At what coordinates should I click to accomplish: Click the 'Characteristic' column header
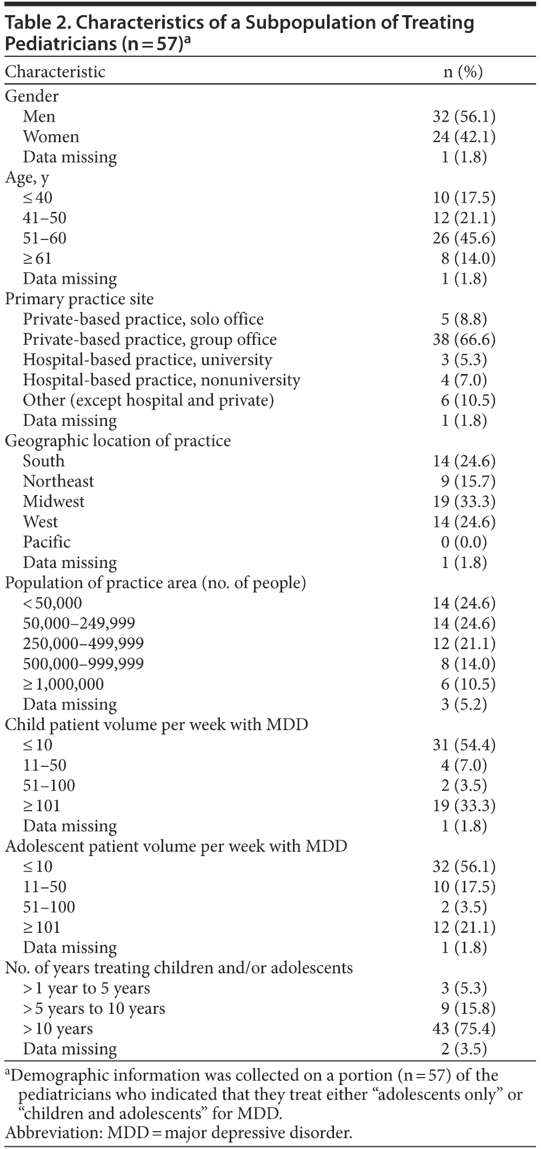pyautogui.click(x=55, y=72)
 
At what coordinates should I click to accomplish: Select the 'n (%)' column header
pyautogui.click(x=463, y=72)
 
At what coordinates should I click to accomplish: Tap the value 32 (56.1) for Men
pyautogui.click(x=464, y=117)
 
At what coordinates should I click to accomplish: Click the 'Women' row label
pyautogui.click(x=51, y=137)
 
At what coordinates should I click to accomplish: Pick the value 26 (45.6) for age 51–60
pyautogui.click(x=464, y=238)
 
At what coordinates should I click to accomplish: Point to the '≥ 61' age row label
pyautogui.click(x=37, y=258)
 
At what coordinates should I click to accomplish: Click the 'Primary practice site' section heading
pyautogui.click(x=79, y=299)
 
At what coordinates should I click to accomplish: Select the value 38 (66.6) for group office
pyautogui.click(x=464, y=340)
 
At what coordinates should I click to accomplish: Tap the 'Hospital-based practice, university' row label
pyautogui.click(x=148, y=360)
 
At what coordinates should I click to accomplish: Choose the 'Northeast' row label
pyautogui.click(x=58, y=482)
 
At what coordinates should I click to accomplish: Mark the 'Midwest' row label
pyautogui.click(x=54, y=502)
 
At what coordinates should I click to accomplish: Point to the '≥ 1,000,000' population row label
pyautogui.click(x=63, y=684)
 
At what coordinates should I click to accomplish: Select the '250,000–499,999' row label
pyautogui.click(x=83, y=644)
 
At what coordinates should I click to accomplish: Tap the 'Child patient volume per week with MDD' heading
pyautogui.click(x=157, y=725)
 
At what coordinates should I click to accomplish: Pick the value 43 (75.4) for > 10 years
pyautogui.click(x=464, y=1029)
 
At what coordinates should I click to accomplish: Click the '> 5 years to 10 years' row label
pyautogui.click(x=94, y=1008)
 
